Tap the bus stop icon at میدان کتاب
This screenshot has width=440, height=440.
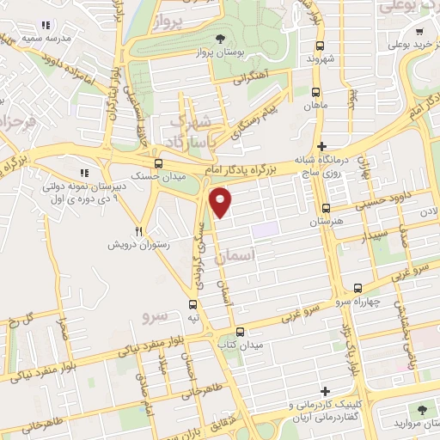240,332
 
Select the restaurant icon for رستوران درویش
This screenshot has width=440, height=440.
138,232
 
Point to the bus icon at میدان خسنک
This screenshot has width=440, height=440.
157,163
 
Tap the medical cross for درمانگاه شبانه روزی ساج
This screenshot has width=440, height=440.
322,147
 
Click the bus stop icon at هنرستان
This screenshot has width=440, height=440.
326,208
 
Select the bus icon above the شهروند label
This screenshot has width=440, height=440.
319,46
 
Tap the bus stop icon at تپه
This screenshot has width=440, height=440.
192,303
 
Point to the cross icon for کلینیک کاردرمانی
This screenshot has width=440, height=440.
324,392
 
